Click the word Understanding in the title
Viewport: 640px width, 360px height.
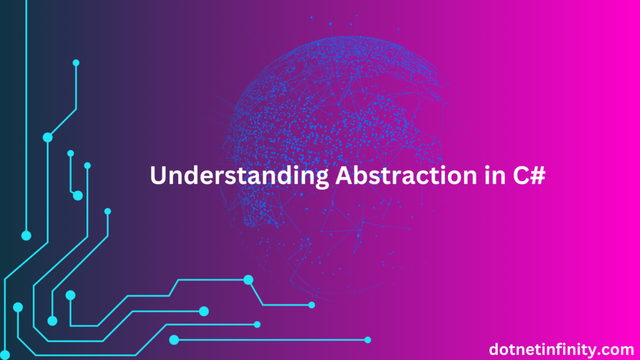point(239,176)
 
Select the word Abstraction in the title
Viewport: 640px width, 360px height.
point(406,175)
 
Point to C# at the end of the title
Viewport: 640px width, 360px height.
point(529,175)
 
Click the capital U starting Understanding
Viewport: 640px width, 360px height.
point(158,176)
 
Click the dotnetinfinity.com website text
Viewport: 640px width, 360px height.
point(561,349)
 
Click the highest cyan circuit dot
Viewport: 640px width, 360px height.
point(76,63)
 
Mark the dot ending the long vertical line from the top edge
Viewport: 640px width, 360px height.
point(26,236)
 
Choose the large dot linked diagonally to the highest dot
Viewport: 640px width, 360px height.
point(47,137)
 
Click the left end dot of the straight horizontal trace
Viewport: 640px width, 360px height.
point(174,339)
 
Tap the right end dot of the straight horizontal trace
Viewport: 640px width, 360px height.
point(367,339)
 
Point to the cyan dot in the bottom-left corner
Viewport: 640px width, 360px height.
point(5,355)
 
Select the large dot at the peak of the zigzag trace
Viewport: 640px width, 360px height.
point(248,279)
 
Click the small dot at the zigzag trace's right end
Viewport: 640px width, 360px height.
point(311,305)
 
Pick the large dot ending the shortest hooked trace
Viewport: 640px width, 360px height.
point(77,196)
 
